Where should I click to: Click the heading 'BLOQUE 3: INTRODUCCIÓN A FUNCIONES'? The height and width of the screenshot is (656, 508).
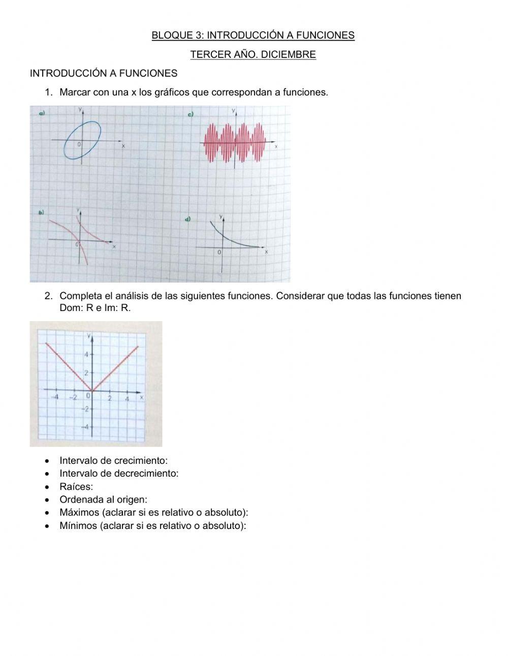click(x=253, y=35)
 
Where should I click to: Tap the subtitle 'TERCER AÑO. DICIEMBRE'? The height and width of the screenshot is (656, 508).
click(x=253, y=54)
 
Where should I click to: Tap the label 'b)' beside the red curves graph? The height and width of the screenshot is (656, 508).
click(x=41, y=212)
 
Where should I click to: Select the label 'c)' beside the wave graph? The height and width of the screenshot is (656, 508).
click(x=190, y=115)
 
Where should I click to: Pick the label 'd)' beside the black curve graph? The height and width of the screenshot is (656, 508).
click(x=188, y=219)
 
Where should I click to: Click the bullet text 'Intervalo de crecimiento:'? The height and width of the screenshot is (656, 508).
click(x=113, y=460)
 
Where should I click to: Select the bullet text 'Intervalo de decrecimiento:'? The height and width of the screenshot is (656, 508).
click(x=119, y=473)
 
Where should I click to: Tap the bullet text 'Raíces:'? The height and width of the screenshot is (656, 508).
click(x=76, y=486)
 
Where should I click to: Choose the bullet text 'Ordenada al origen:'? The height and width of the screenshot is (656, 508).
click(x=103, y=499)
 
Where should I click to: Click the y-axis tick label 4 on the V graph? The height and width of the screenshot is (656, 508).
click(x=86, y=354)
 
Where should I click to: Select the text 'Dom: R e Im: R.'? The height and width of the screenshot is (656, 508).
click(x=95, y=308)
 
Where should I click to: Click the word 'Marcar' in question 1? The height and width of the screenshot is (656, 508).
click(x=75, y=92)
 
